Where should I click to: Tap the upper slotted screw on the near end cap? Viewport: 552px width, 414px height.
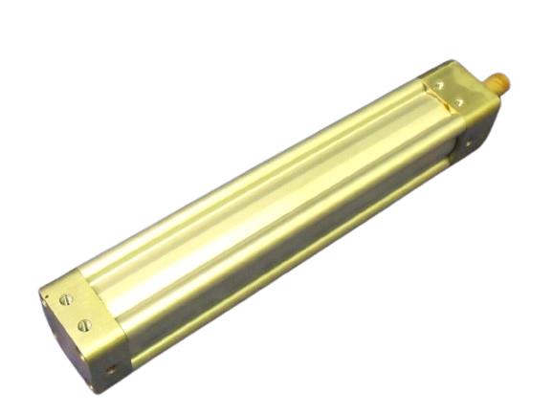[66, 300]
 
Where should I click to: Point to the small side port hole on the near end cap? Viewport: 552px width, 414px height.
[112, 366]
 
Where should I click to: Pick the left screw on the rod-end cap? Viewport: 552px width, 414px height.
[439, 85]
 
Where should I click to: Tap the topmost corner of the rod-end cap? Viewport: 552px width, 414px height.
[450, 62]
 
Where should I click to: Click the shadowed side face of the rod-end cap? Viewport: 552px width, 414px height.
[474, 134]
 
